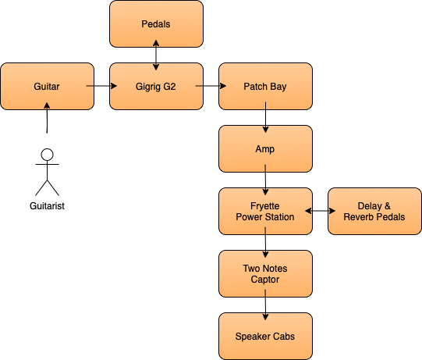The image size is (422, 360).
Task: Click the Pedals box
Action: point(156,23)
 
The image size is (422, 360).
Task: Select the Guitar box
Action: point(48,86)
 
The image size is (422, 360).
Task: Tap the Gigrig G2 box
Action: point(156,86)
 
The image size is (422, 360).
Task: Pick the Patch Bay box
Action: point(265,86)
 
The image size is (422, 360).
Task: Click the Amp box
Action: point(265,148)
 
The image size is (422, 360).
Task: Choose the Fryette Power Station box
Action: point(265,212)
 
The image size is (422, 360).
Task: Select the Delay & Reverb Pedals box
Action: point(374,212)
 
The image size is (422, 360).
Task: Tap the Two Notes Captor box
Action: point(265,274)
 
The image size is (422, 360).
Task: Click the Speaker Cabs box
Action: point(265,337)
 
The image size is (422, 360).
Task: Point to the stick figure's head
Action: point(47,155)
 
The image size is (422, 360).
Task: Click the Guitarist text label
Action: point(47,206)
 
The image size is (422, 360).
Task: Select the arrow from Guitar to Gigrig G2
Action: point(101,86)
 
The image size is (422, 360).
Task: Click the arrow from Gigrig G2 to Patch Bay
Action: point(211,86)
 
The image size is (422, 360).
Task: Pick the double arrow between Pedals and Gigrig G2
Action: point(156,55)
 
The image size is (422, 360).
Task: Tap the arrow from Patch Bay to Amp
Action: point(265,117)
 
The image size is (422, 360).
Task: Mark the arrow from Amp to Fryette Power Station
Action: point(265,180)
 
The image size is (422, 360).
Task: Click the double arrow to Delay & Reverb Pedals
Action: point(321,211)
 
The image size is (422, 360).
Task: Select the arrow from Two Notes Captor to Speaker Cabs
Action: point(265,305)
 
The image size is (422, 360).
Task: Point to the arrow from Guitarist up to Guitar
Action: point(47,117)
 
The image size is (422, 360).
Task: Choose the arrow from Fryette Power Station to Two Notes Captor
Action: point(265,242)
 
